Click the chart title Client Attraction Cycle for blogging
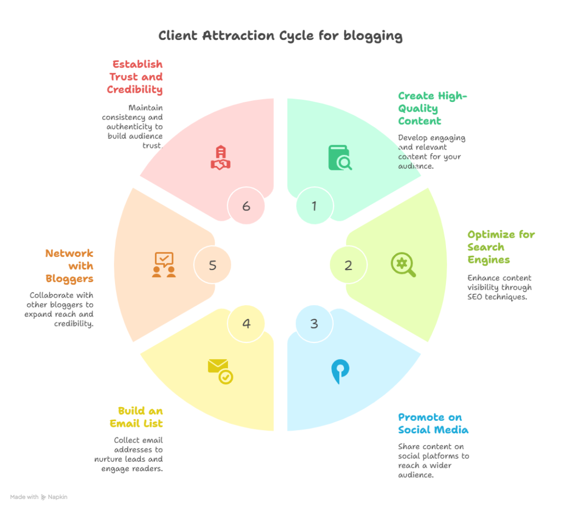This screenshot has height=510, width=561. tap(280, 36)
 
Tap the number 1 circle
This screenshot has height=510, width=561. tap(314, 206)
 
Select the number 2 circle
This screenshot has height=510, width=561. tap(348, 265)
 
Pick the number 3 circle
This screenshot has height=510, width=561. tap(314, 323)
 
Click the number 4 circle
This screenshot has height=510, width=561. tap(247, 324)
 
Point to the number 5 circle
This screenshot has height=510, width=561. tap(213, 265)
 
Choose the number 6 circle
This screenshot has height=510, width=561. tap(247, 206)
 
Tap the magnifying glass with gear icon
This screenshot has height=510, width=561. tap(403, 265)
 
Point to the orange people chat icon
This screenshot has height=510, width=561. tap(164, 265)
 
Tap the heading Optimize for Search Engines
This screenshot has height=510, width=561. tap(501, 247)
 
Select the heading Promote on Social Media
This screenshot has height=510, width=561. tap(433, 422)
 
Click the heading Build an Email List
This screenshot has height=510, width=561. tap(140, 417)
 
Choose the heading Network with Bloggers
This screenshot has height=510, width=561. tap(70, 266)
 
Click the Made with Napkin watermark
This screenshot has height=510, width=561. tap(38, 497)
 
